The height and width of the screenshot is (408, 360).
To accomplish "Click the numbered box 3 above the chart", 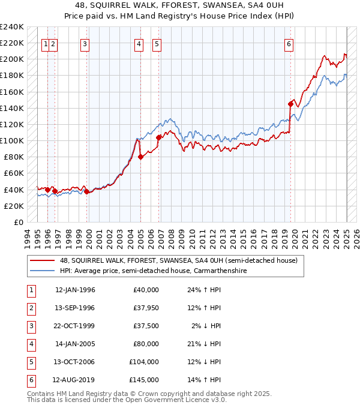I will [x=85, y=44].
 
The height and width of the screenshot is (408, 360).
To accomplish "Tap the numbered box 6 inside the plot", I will [x=289, y=44].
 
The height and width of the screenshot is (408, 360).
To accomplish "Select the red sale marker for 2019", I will [x=290, y=104].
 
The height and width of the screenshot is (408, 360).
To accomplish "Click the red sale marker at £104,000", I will [x=159, y=137].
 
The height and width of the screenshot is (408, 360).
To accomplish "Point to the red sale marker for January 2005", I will [x=140, y=157].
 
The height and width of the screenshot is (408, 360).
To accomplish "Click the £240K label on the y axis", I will [x=12, y=27].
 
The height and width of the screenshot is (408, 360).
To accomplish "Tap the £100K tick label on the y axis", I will [x=12, y=140].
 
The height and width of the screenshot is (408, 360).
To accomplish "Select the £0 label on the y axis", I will [x=18, y=222].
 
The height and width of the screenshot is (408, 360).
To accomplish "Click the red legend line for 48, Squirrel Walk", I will [x=42, y=260].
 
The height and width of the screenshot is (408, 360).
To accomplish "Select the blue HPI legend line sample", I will [x=42, y=271].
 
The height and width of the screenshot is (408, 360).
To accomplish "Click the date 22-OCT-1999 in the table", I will [x=75, y=326].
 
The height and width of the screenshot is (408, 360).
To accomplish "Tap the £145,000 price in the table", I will [x=143, y=380].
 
